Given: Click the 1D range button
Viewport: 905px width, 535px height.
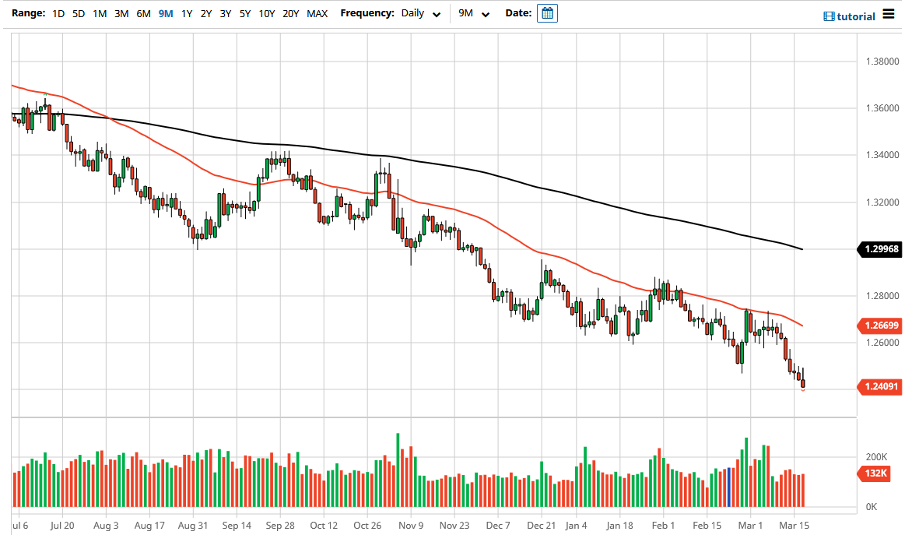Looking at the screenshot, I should coord(58,13).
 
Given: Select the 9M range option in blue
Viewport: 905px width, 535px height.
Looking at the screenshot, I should coord(165,13).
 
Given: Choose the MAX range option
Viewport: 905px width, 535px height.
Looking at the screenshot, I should coord(317,13).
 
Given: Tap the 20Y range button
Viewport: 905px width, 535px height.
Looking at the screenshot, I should coord(291,13).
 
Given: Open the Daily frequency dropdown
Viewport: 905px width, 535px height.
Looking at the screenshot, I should coord(421,13).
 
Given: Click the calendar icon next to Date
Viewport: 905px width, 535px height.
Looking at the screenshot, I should coord(548,13).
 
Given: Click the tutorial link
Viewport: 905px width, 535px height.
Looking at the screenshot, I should coord(850,16).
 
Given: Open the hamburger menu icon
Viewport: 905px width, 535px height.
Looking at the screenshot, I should coord(889,15).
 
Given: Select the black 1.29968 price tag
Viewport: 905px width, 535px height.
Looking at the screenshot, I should coord(880,249).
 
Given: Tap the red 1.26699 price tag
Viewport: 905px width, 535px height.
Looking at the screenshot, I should coord(880,325).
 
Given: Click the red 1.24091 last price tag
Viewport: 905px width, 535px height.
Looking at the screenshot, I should coord(880,385).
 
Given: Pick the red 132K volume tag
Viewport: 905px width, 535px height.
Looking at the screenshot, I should coord(875,473).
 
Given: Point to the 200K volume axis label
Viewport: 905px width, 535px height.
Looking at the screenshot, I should coord(878,457).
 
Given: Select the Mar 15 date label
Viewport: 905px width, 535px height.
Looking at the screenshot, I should coord(795,526).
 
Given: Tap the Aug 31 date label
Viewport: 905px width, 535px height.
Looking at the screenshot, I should coord(193,526).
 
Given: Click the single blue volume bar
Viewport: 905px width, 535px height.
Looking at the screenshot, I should coord(728,487).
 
